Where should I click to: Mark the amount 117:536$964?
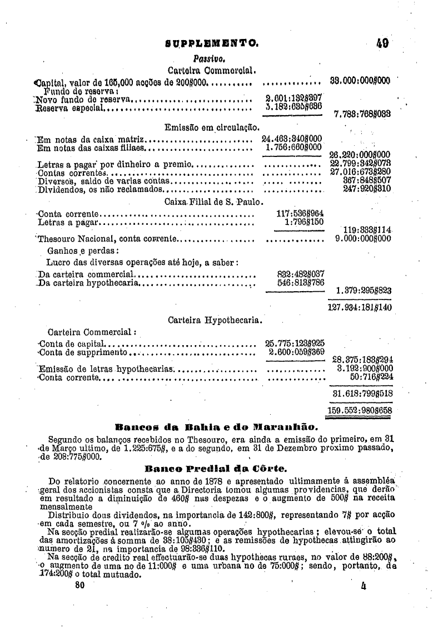300,213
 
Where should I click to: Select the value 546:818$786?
300,282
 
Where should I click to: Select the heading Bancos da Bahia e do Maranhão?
215,427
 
